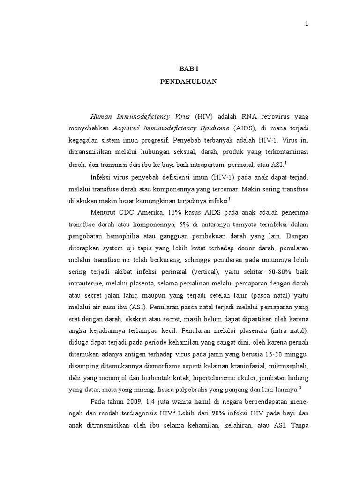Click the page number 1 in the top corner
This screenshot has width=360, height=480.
[x=307, y=24]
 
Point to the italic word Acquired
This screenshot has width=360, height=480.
[x=127, y=127]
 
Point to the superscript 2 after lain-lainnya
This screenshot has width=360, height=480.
[x=300, y=388]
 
